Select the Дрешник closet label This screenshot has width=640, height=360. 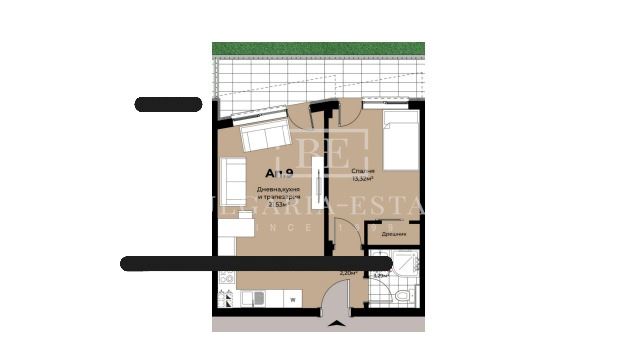pos(394,233)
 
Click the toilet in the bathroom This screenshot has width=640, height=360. pos(400,297)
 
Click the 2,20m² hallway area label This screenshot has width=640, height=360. pos(348,273)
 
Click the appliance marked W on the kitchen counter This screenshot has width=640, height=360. pos(292,299)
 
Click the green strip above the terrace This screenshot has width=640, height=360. pos(318,48)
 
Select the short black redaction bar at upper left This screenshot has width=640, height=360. pos(168,104)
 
